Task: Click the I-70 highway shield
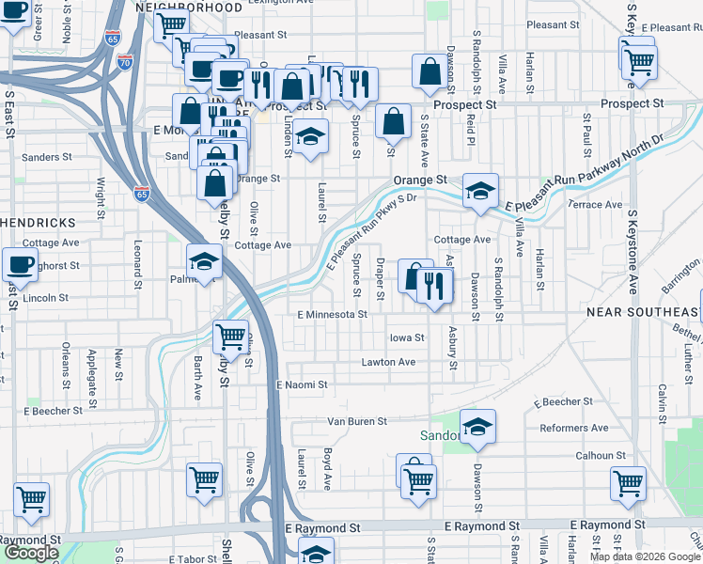125,62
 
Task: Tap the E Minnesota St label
332,314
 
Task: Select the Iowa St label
407,337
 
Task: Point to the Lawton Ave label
388,362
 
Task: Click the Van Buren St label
357,422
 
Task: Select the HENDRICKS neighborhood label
37,222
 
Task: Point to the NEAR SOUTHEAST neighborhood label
644,311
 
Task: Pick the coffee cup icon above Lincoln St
20,265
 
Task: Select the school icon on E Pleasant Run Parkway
480,191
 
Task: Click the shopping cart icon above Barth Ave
230,335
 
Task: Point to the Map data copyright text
646,556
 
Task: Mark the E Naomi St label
302,384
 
